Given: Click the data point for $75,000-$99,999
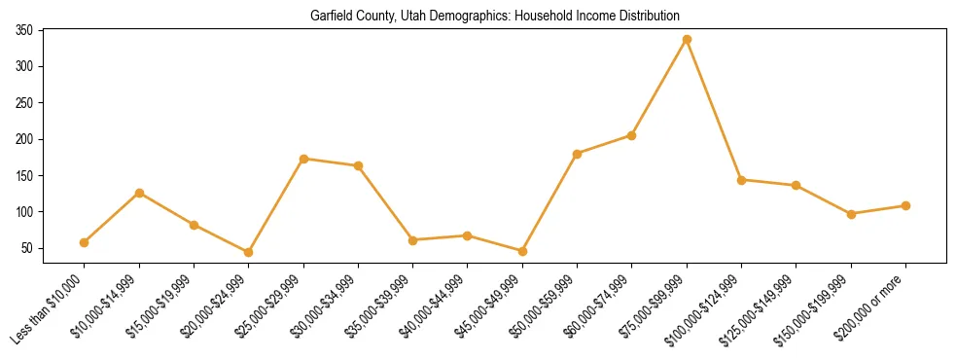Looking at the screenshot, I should tap(687, 39).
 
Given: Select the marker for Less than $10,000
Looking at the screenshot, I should tap(85, 242).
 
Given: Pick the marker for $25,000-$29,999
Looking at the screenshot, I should tap(303, 159).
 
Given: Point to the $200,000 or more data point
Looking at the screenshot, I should tap(905, 205).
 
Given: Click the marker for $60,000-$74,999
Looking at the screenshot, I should tap(632, 135).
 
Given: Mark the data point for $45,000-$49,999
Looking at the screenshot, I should tap(522, 251).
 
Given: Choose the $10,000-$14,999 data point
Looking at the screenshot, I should tap(139, 193).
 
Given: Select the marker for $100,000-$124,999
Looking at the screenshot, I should tap(741, 180).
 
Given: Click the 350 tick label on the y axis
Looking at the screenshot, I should tap(24, 31).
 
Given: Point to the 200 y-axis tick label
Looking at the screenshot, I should tap(24, 139).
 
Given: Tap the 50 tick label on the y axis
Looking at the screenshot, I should tap(27, 248).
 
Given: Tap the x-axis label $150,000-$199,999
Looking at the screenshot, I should tap(818, 307).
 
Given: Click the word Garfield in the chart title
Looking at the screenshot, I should tap(329, 16).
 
